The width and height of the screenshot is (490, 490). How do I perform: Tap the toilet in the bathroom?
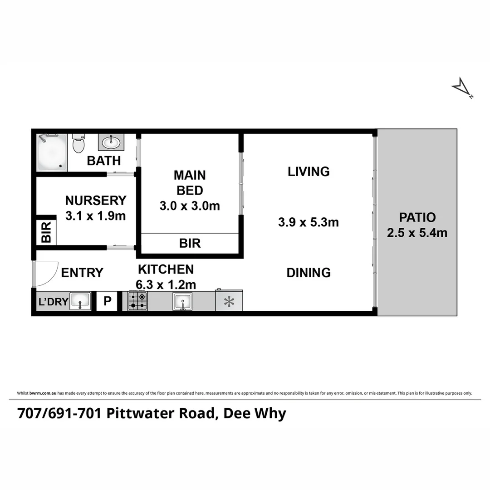click(x=78, y=143)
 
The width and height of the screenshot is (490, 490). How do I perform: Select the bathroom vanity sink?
click(x=110, y=143)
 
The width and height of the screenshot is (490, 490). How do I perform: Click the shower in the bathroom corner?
click(x=52, y=152)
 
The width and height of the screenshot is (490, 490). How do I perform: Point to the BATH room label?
click(x=104, y=161)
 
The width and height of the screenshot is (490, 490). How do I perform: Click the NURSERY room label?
click(x=95, y=200)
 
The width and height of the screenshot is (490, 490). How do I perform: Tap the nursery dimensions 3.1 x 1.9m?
click(x=95, y=216)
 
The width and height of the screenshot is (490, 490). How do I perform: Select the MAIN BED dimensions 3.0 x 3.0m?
click(x=190, y=206)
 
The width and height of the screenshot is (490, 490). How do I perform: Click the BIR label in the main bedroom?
click(x=190, y=244)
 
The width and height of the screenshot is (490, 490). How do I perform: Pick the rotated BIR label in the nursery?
click(x=46, y=232)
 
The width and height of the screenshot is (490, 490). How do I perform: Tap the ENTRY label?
click(x=82, y=273)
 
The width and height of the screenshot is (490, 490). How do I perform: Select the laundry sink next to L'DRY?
click(x=80, y=302)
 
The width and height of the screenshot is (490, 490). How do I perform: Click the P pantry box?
click(x=108, y=302)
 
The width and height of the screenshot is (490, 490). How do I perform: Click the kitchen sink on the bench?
click(x=182, y=302)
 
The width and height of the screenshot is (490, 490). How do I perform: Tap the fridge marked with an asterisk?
click(x=229, y=302)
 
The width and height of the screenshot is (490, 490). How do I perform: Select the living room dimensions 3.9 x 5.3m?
click(x=309, y=222)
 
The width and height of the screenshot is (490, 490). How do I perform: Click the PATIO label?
click(x=417, y=217)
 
